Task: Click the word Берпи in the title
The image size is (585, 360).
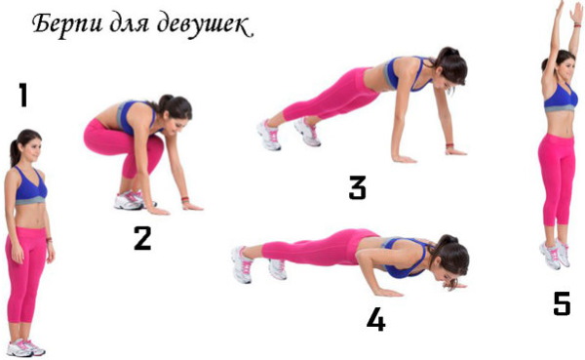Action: click(66, 23)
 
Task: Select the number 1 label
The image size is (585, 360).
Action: click(22, 96)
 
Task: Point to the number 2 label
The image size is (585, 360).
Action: click(142, 238)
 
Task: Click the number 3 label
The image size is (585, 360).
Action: click(358, 187)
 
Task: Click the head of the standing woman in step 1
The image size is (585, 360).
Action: click(26, 147)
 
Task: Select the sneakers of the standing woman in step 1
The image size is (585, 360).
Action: click(25, 347)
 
